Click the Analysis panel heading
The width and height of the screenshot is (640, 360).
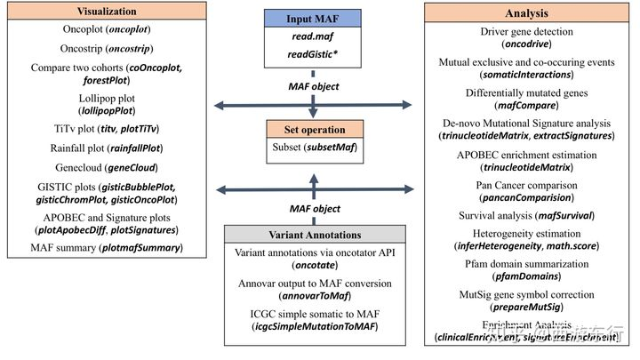click(x=530, y=13)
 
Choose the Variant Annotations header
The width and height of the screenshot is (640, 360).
click(x=313, y=235)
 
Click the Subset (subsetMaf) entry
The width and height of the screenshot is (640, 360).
click(x=313, y=149)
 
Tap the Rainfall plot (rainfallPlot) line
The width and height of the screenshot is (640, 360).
click(x=105, y=148)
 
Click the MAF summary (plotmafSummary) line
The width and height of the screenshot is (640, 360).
click(x=106, y=248)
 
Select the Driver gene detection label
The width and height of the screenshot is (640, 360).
click(x=530, y=34)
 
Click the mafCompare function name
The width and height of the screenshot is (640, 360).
click(x=531, y=103)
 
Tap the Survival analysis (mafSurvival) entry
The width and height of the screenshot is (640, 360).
click(x=530, y=215)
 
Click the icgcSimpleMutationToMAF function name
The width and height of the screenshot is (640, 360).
click(x=313, y=327)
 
